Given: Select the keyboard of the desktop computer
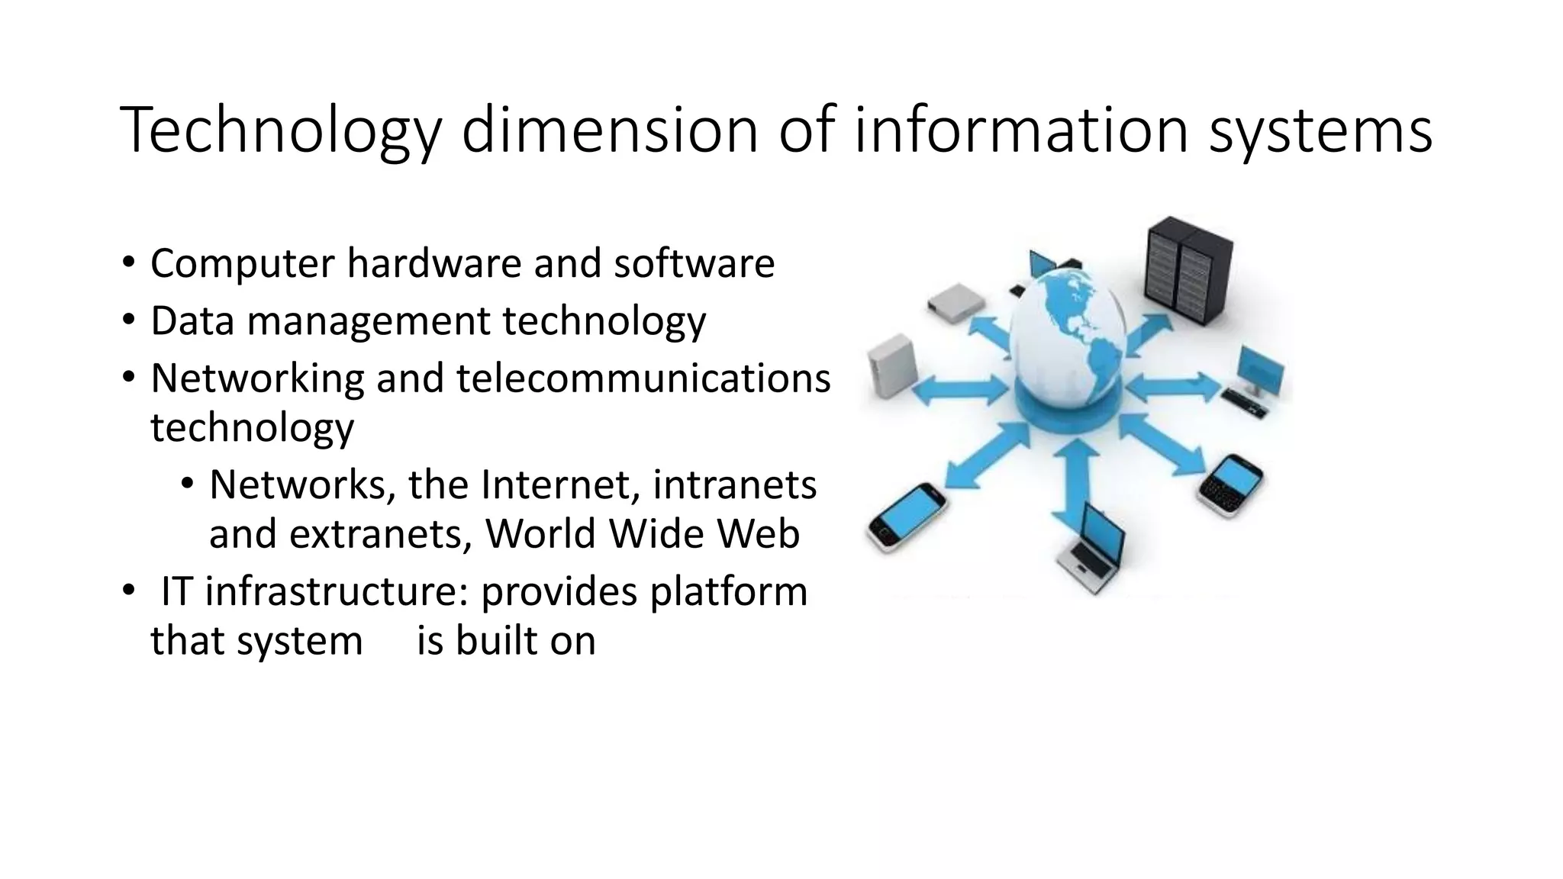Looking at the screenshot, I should (x=1244, y=402).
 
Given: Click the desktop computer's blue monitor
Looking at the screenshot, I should (x=1261, y=369).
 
